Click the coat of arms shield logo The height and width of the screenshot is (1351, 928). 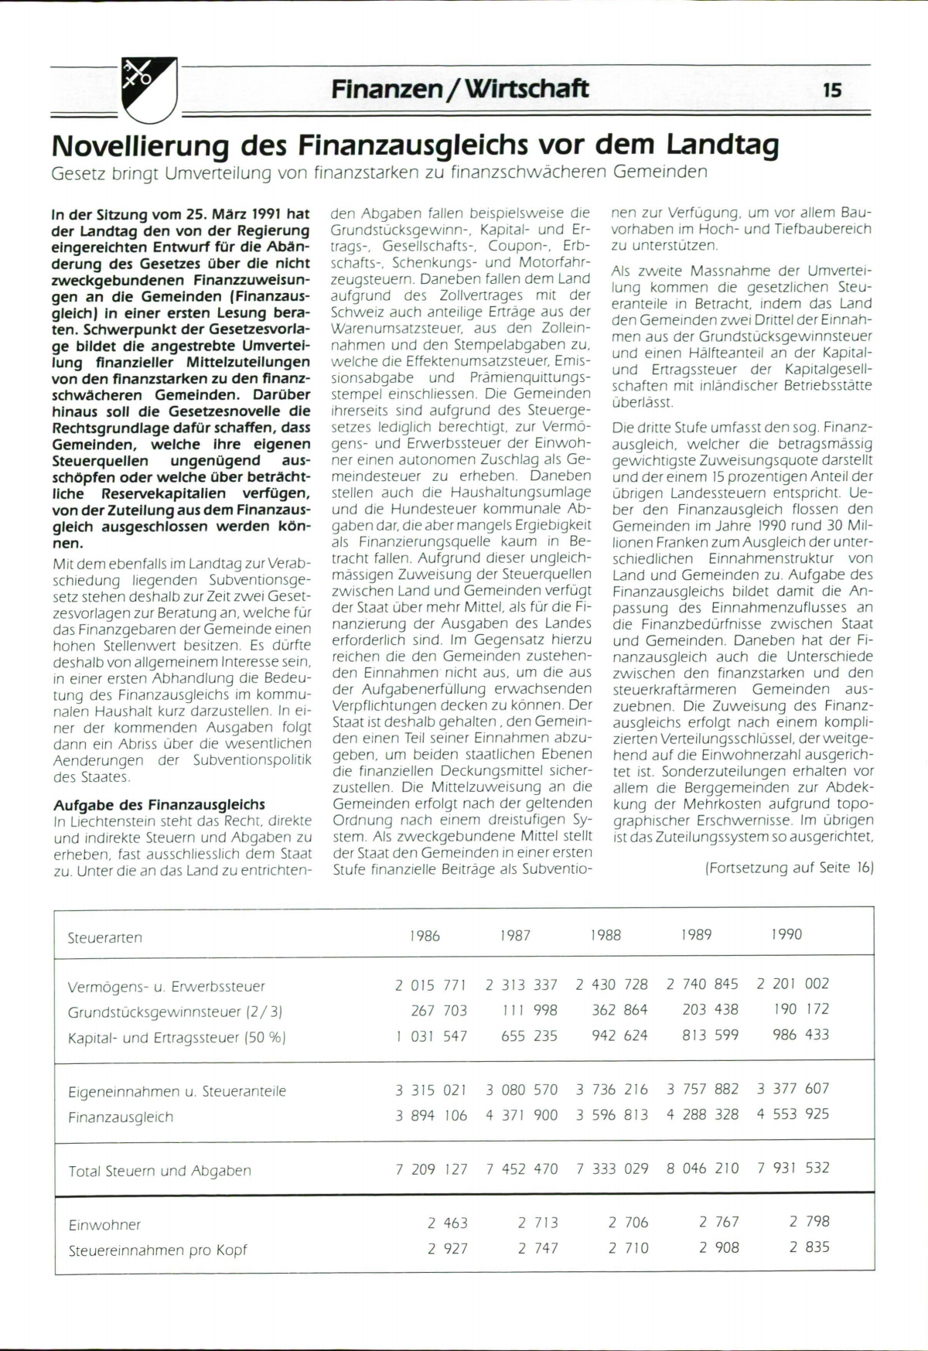[149, 90]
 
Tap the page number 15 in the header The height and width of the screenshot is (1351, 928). [832, 90]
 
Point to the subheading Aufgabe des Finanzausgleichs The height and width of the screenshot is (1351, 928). [159, 804]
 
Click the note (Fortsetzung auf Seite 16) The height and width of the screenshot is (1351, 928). [789, 868]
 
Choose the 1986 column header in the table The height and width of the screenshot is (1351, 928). [425, 936]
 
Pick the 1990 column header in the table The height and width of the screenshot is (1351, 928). [786, 934]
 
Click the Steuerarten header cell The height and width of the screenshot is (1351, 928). [105, 937]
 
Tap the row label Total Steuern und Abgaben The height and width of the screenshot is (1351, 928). [160, 1171]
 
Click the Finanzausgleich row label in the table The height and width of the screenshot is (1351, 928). [121, 1117]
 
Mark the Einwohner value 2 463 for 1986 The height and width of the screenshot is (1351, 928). [448, 1223]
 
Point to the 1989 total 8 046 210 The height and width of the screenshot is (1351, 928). [703, 1168]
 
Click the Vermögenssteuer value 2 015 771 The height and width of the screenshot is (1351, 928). [431, 985]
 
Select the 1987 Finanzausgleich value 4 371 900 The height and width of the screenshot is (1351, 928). [522, 1115]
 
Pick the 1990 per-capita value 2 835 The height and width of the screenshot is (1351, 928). [809, 1247]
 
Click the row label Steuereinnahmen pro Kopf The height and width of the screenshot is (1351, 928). [158, 1250]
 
